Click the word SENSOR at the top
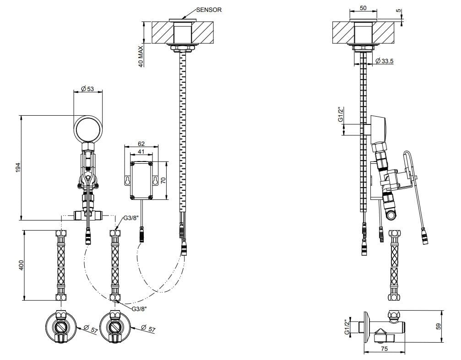[209, 10]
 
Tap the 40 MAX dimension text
[141, 56]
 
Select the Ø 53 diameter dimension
[87, 88]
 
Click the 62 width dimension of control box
[141, 144]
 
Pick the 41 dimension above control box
[141, 152]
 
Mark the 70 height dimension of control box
[164, 180]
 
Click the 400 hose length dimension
[21, 265]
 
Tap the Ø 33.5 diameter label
[384, 61]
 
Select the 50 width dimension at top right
[363, 8]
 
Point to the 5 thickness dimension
[398, 11]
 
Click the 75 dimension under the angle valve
[384, 349]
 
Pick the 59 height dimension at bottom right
[438, 326]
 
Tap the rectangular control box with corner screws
[141, 180]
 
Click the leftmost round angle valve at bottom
[61, 327]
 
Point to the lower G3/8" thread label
[139, 309]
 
